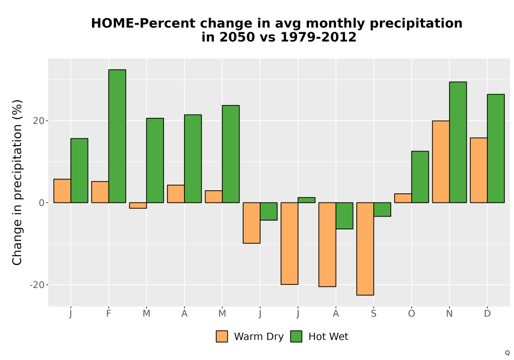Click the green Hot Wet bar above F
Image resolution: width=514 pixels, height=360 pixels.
click(117, 136)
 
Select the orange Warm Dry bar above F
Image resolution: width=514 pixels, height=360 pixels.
click(100, 192)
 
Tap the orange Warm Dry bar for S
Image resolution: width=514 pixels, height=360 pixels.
click(365, 249)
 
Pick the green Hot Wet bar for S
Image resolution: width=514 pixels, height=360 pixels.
click(382, 209)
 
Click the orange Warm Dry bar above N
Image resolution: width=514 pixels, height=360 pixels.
click(441, 161)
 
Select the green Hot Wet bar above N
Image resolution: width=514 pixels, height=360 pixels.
click(458, 142)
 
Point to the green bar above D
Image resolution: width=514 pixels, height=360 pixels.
click(496, 149)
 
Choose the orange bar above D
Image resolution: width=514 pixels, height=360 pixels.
click(479, 170)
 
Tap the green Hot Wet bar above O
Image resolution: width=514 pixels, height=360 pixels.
click(420, 177)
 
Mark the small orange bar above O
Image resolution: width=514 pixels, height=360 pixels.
click(403, 198)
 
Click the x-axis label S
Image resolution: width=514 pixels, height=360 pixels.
click(374, 314)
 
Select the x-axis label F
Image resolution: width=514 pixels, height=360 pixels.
click(108, 314)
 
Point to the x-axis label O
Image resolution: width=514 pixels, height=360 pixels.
click(411, 314)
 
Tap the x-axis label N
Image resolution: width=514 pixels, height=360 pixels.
click(449, 314)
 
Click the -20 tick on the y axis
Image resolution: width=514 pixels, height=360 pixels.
click(36, 285)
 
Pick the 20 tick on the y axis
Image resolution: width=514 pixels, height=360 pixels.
click(39, 121)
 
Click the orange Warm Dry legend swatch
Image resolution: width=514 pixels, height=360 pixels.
click(222, 336)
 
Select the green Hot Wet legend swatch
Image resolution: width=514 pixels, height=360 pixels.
click(297, 336)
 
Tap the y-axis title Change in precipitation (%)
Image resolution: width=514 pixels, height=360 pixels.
click(17, 182)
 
